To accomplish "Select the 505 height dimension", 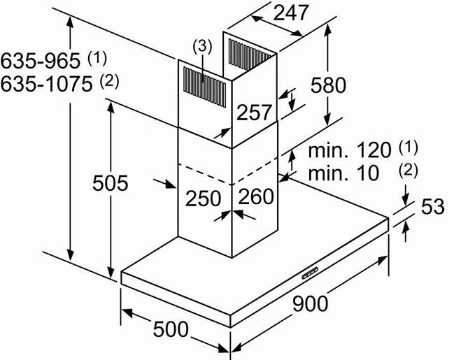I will pyautogui.click(x=110, y=184).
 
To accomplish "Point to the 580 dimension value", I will pyautogui.click(x=328, y=85).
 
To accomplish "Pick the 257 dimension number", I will pyautogui.click(x=254, y=112).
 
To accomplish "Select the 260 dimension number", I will pyautogui.click(x=256, y=198).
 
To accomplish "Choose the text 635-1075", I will pyautogui.click(x=48, y=84).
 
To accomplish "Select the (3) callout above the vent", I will pyautogui.click(x=201, y=47).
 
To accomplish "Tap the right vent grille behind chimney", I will pyautogui.click(x=250, y=54).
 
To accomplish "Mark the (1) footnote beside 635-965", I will pyautogui.click(x=98, y=55).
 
